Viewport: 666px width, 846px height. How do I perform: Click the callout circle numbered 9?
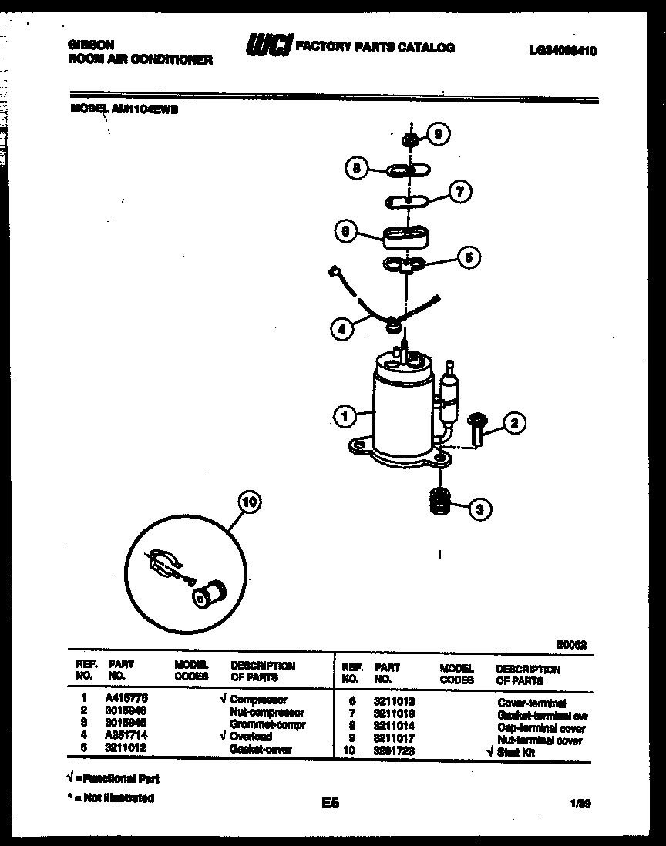[438, 135]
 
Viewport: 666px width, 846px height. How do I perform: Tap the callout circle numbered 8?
[356, 169]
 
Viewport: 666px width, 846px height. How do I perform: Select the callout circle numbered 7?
[459, 193]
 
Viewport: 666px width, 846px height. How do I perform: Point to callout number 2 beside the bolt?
[514, 421]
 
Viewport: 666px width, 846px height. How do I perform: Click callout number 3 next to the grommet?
[479, 508]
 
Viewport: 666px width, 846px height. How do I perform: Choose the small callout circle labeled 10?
[248, 502]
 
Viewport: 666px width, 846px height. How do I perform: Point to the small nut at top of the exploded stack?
[411, 139]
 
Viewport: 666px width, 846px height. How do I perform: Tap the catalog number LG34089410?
[563, 51]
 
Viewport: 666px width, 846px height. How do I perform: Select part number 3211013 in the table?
[394, 703]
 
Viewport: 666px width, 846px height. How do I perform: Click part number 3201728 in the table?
[394, 752]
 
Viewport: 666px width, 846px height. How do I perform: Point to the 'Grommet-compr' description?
[267, 725]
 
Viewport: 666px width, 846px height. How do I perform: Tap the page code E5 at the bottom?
[331, 804]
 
